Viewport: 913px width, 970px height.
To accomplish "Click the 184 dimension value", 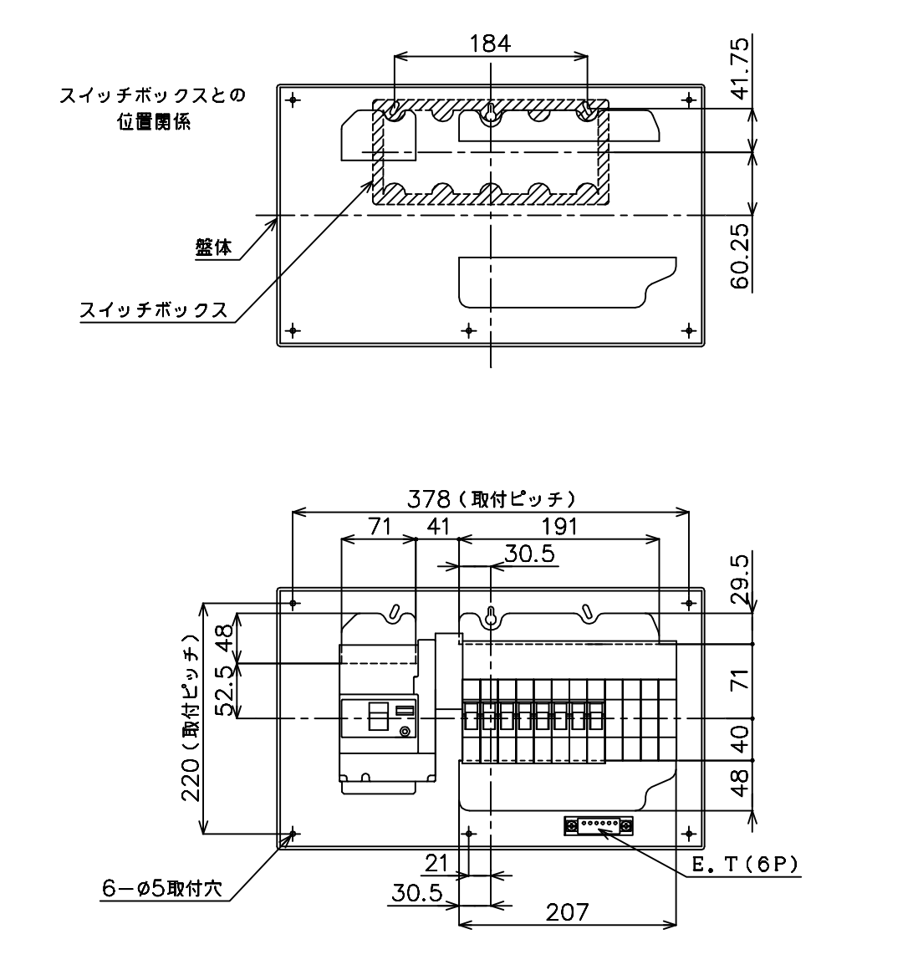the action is [491, 43].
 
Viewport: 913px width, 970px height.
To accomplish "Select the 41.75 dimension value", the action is [740, 68].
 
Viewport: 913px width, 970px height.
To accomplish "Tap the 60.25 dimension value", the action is [740, 256].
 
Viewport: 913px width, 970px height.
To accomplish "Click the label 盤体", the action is [213, 248].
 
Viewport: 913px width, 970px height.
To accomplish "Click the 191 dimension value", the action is [559, 527].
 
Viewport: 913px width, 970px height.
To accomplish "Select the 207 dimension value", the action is [567, 911].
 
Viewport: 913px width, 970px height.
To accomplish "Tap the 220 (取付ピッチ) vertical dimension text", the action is [191, 717].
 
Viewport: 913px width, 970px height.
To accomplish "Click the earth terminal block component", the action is [598, 825].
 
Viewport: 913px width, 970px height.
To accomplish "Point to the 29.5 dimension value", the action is [740, 580].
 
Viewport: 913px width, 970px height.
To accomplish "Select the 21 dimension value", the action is [436, 863].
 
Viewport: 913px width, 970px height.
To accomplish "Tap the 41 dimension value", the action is [438, 527].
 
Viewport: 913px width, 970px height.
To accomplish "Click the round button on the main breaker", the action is [405, 733].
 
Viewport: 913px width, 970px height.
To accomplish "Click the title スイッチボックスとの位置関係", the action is [153, 108].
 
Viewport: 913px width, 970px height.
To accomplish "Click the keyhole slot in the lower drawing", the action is [491, 617].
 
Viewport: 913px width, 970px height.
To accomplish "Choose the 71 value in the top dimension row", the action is [380, 527].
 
